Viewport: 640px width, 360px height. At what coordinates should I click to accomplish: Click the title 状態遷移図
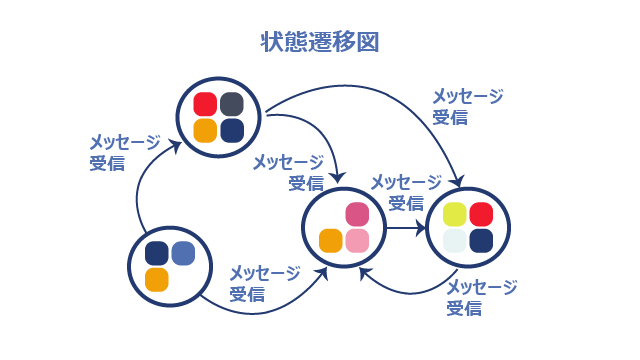click(320, 42)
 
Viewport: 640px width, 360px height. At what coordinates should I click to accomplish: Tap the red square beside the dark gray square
click(205, 104)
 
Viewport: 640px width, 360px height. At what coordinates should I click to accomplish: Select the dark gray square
click(232, 104)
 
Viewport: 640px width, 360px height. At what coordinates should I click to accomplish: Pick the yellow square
click(455, 214)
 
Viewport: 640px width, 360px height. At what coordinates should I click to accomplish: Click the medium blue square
click(183, 253)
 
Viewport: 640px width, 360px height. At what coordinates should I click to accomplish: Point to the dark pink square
click(357, 214)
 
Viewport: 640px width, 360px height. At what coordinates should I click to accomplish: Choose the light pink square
click(357, 241)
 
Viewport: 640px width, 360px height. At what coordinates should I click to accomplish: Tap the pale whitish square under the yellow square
click(455, 241)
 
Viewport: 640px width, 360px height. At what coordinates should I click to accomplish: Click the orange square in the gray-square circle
click(205, 131)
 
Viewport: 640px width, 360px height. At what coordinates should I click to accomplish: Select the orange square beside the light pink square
click(331, 241)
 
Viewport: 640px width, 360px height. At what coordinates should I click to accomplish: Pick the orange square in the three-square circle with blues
click(157, 280)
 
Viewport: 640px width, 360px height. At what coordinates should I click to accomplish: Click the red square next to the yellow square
click(481, 214)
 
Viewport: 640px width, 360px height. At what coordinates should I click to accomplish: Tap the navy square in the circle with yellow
click(481, 241)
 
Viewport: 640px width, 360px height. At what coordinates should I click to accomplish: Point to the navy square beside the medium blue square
click(157, 253)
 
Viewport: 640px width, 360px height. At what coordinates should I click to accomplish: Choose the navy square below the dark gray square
click(232, 131)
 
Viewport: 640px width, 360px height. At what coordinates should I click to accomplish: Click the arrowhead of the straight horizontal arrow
click(421, 228)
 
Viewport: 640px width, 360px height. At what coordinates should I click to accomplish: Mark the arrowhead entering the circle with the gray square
click(176, 146)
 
